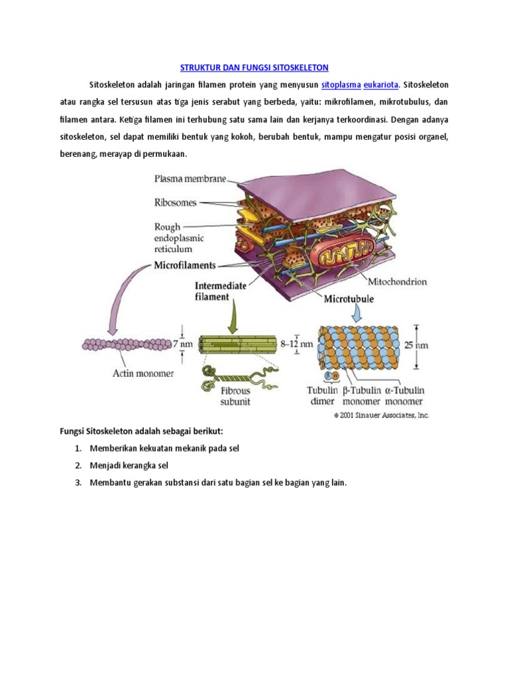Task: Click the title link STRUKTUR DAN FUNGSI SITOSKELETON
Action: point(254,68)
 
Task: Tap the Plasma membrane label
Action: point(190,178)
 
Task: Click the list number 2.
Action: point(78,465)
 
